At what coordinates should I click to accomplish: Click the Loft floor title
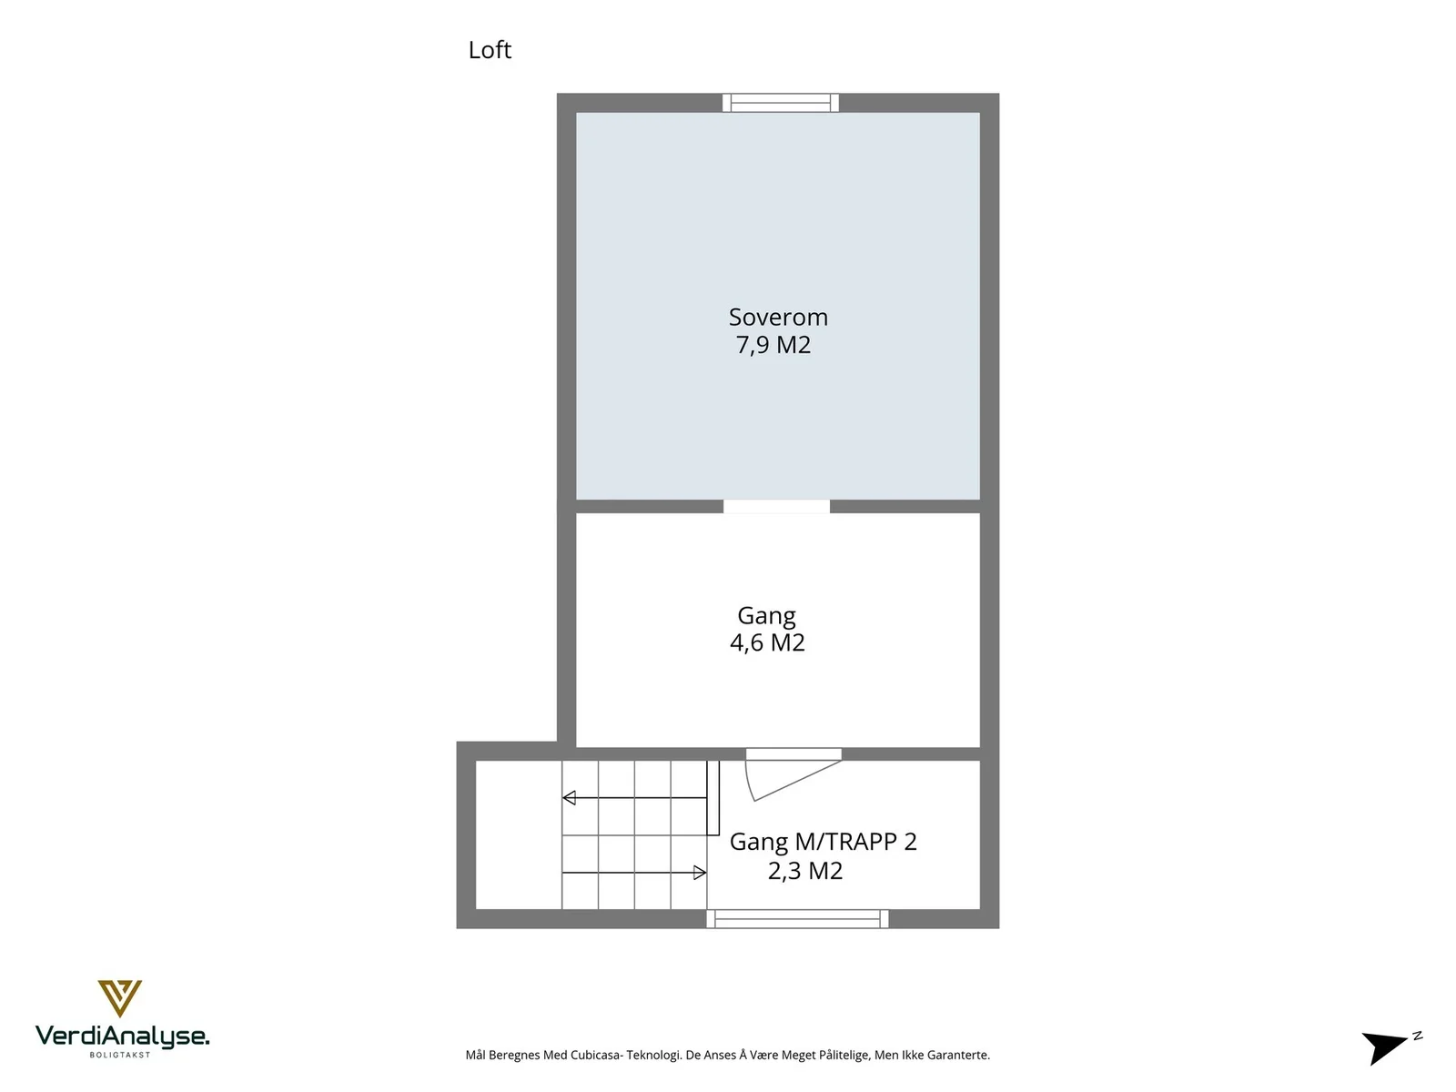[x=490, y=50]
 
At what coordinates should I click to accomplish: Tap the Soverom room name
[x=778, y=317]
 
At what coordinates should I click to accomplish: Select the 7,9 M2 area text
[x=773, y=345]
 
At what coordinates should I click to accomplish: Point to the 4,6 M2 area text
[x=767, y=642]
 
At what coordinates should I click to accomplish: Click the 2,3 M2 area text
[x=805, y=871]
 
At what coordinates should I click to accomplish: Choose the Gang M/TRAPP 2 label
[x=824, y=842]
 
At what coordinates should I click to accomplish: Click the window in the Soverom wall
[x=781, y=103]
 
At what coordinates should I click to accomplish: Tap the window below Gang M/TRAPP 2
[x=797, y=919]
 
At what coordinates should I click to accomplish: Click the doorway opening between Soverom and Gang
[x=777, y=507]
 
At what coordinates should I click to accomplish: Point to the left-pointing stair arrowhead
[x=569, y=798]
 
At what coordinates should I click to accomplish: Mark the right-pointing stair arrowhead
[x=700, y=873]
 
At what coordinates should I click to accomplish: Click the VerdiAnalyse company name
[x=122, y=1036]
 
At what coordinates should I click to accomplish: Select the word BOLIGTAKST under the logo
[x=120, y=1055]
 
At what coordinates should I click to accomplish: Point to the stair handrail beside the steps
[x=713, y=798]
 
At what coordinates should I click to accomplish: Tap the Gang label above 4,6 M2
[x=766, y=616]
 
